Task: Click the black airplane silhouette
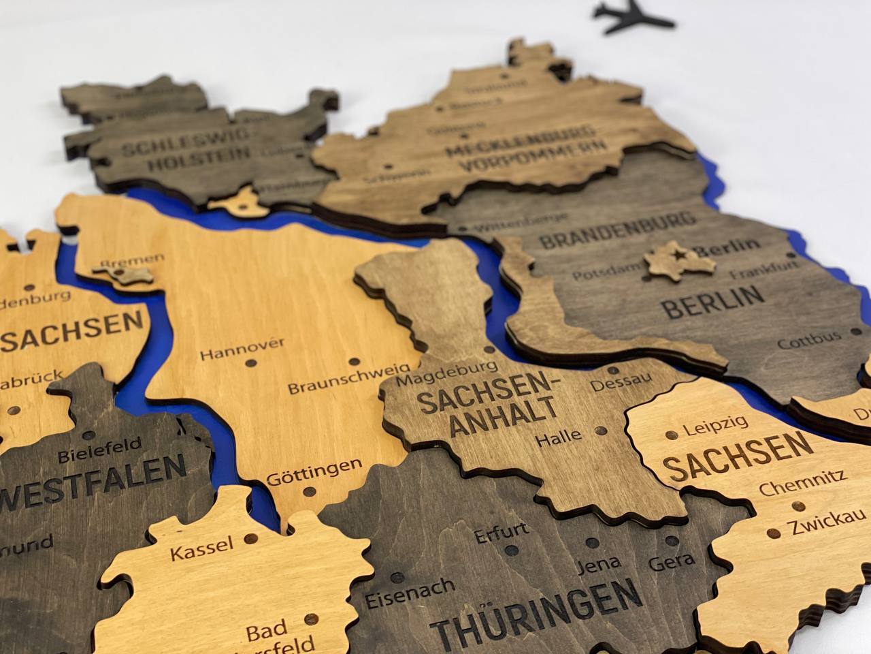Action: coord(634,14)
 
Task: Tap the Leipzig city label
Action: coord(715,426)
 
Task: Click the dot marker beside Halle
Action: coord(599,431)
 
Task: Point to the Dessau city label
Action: coord(621,381)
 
